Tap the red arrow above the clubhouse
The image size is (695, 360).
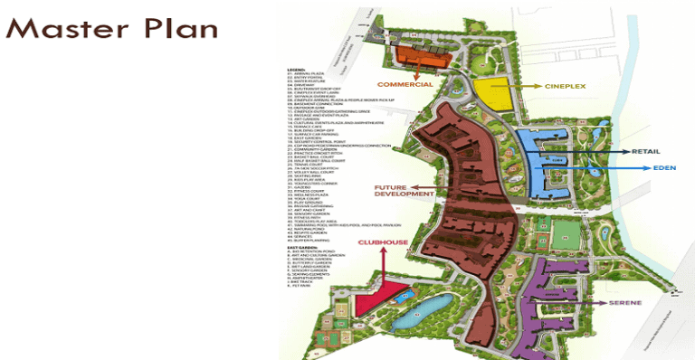384,264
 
